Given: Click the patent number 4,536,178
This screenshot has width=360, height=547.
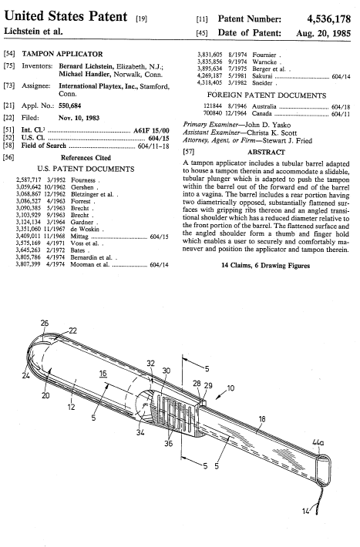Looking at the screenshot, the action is click(328, 18).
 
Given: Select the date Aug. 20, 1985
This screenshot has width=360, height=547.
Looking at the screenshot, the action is click(323, 33).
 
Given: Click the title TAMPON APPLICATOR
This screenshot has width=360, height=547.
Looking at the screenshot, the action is click(62, 54).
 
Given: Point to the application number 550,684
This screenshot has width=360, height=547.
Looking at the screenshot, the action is click(70, 106).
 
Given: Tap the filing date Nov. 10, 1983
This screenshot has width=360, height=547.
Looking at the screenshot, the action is click(79, 118).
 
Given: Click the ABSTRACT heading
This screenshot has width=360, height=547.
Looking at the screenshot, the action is click(266, 152).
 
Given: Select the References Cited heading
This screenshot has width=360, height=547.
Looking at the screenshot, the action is click(86, 158).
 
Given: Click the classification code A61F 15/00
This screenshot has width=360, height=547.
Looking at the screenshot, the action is click(151, 131).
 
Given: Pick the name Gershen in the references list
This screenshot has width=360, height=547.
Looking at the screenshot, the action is click(82, 187).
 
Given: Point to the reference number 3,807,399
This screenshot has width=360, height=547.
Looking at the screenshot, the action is click(29, 264).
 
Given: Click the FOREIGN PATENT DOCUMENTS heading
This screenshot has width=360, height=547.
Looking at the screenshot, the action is click(267, 96).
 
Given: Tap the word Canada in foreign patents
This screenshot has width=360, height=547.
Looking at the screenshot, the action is click(261, 113).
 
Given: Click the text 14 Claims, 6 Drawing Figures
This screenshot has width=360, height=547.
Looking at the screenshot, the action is click(266, 266).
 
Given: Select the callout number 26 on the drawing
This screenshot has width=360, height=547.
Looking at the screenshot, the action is click(45, 323).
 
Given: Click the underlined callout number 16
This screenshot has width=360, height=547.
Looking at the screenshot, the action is click(103, 374).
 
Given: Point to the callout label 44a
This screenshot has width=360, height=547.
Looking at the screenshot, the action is click(318, 443).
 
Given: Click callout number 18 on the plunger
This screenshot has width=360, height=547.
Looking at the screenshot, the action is click(262, 419).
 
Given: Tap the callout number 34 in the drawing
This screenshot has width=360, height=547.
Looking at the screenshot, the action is click(140, 432).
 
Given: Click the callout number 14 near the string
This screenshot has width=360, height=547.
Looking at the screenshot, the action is click(305, 512).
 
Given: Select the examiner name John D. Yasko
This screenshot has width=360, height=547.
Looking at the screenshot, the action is click(267, 125).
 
